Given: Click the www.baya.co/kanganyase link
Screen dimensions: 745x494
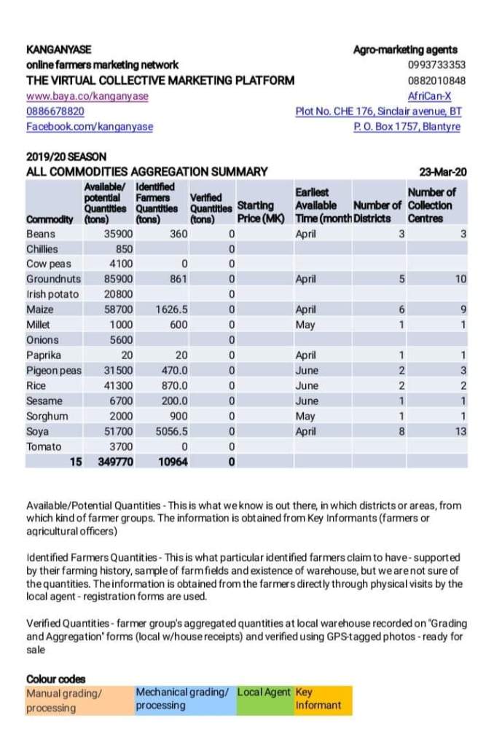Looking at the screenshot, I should [87, 96].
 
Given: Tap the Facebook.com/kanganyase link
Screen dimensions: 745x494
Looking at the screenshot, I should [90, 127].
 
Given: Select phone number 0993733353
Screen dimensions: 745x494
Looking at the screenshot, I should [436, 66].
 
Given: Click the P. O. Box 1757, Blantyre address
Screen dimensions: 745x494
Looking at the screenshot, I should [407, 127].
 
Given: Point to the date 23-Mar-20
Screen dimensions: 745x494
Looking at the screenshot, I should [443, 172].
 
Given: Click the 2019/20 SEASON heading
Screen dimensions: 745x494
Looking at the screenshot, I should [66, 157].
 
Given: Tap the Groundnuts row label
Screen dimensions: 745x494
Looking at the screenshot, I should [53, 279].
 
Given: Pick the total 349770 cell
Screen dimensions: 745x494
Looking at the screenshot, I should [115, 462].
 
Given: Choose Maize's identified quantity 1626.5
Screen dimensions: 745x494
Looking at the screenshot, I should [172, 310].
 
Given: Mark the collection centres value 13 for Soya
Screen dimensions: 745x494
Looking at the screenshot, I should [460, 431].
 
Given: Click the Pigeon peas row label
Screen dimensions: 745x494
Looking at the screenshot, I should [54, 371].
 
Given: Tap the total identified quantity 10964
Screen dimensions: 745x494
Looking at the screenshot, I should [173, 462].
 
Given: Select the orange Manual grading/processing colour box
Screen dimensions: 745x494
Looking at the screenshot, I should [79, 701].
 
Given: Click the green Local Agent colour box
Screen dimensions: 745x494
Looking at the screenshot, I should [264, 699].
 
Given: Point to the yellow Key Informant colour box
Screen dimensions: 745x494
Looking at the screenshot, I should [322, 699].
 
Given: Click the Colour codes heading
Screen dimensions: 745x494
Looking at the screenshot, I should [55, 679].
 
